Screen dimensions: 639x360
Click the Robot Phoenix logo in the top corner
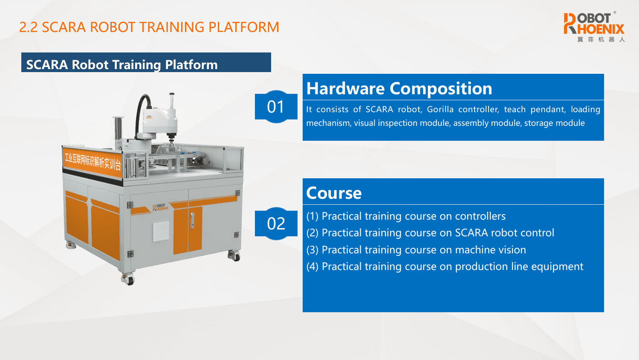[594, 27]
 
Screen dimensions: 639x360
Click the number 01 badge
[276, 107]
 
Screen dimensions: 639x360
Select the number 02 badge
[276, 223]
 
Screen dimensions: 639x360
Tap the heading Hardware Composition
[399, 88]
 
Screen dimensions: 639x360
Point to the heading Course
[334, 193]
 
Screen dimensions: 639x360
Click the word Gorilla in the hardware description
[440, 109]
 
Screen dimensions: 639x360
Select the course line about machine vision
[416, 250]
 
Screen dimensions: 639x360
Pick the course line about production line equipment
[445, 267]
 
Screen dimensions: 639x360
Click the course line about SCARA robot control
[430, 233]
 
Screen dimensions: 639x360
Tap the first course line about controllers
[406, 216]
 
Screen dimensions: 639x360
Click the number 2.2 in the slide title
[29, 27]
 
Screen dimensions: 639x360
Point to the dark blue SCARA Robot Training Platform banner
[146, 62]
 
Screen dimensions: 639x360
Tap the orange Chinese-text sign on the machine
[93, 162]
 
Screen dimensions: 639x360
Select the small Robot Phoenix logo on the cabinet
[160, 208]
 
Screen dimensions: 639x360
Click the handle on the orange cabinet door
[192, 221]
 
